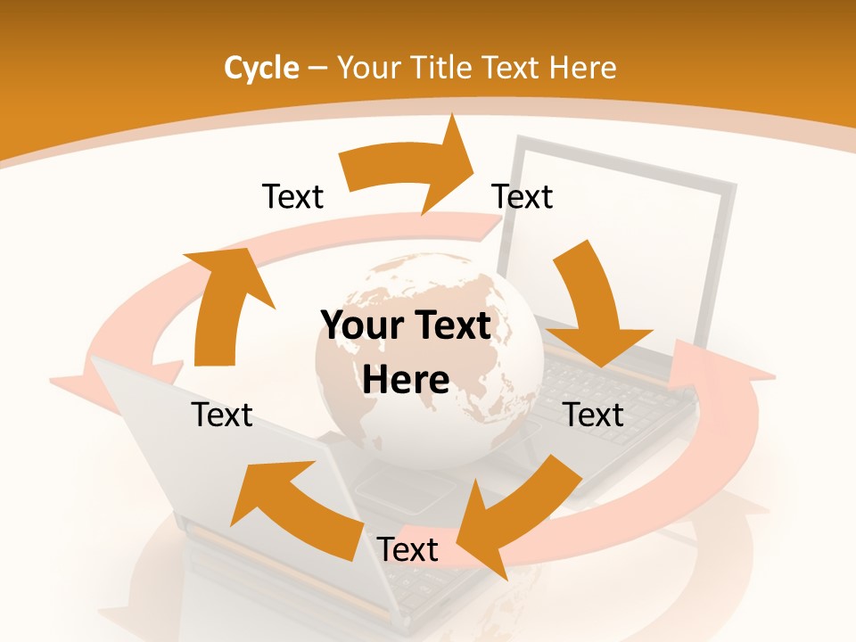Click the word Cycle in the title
[x=261, y=68]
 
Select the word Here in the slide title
[x=582, y=68]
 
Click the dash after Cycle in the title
[x=317, y=69]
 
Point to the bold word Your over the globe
[x=361, y=326]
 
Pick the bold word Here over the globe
[x=406, y=381]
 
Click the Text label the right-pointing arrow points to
[x=523, y=197]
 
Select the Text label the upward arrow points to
[x=292, y=197]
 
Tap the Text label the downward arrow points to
[x=594, y=416]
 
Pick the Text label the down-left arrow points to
[x=407, y=550]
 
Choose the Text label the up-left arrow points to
[x=222, y=416]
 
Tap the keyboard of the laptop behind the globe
[x=606, y=392]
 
